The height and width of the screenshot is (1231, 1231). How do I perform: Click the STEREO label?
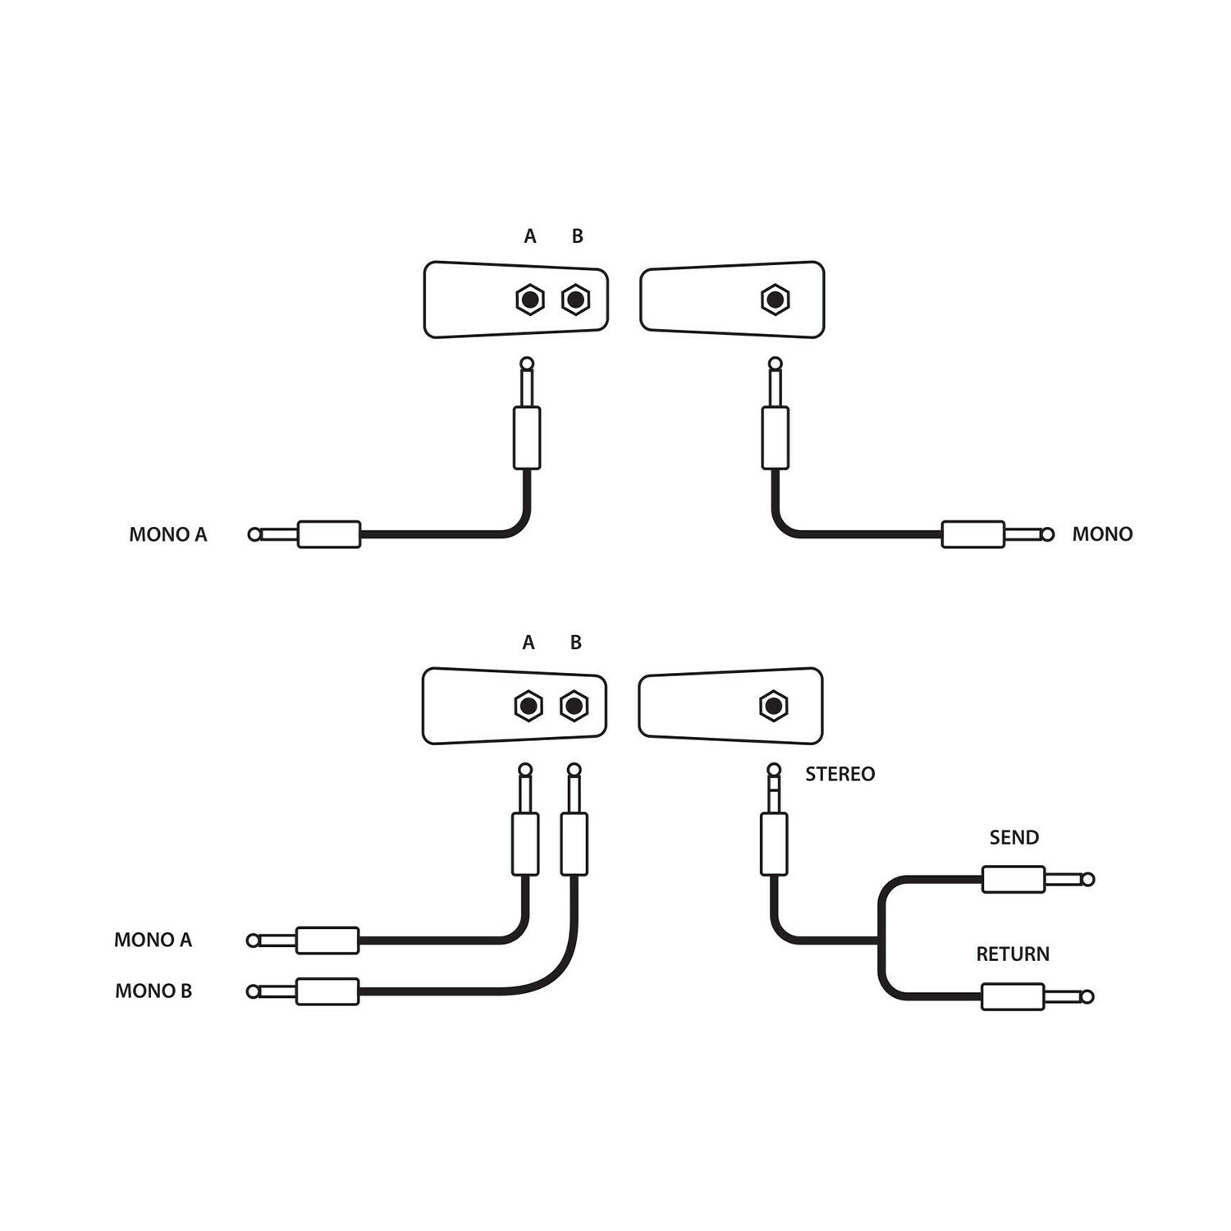[840, 774]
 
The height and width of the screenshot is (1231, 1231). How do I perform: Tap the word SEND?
[1014, 837]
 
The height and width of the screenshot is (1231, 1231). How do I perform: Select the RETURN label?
[1012, 954]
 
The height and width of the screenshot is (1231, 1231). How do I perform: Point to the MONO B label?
[153, 991]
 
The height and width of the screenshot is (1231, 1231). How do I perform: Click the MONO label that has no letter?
[1102, 534]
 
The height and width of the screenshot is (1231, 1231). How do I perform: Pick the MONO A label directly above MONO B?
[153, 940]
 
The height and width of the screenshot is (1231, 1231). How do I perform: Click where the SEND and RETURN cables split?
[880, 940]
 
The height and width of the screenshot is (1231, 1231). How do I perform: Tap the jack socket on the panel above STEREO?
[773, 706]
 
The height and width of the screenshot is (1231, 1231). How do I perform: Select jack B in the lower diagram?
[574, 706]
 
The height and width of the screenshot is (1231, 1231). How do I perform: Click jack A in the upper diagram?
[530, 300]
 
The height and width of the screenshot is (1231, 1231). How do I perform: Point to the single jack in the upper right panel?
[775, 300]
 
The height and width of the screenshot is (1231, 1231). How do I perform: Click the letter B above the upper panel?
[577, 236]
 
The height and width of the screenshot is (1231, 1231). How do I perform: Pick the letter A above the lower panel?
[529, 643]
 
